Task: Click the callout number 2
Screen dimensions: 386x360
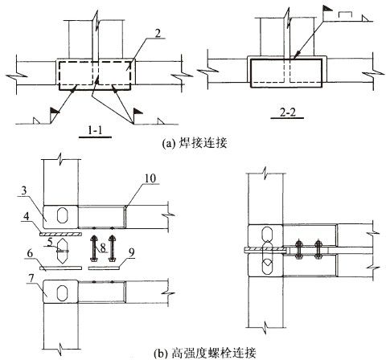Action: (158, 34)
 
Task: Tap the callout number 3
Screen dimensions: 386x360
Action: (24, 190)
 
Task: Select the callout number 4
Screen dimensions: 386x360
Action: (26, 216)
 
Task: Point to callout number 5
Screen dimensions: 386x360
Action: (50, 242)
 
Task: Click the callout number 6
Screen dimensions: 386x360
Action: (30, 253)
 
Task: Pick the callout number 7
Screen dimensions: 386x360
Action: (31, 279)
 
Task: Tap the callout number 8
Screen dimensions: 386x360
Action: (103, 248)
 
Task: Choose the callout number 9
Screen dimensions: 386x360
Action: (131, 252)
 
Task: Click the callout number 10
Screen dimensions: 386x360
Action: (150, 178)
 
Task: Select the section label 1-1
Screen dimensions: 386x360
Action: (95, 131)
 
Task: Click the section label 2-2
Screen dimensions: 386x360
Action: (287, 112)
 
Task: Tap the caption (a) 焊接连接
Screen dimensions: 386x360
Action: (195, 143)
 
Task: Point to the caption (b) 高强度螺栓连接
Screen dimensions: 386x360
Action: (206, 353)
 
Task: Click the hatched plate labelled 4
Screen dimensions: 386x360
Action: (60, 235)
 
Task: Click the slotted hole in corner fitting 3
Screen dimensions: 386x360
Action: (63, 215)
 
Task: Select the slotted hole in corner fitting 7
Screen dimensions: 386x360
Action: (63, 292)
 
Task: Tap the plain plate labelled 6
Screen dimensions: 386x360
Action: (60, 268)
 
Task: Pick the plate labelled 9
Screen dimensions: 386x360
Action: (104, 268)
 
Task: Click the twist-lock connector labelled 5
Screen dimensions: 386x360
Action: (63, 251)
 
